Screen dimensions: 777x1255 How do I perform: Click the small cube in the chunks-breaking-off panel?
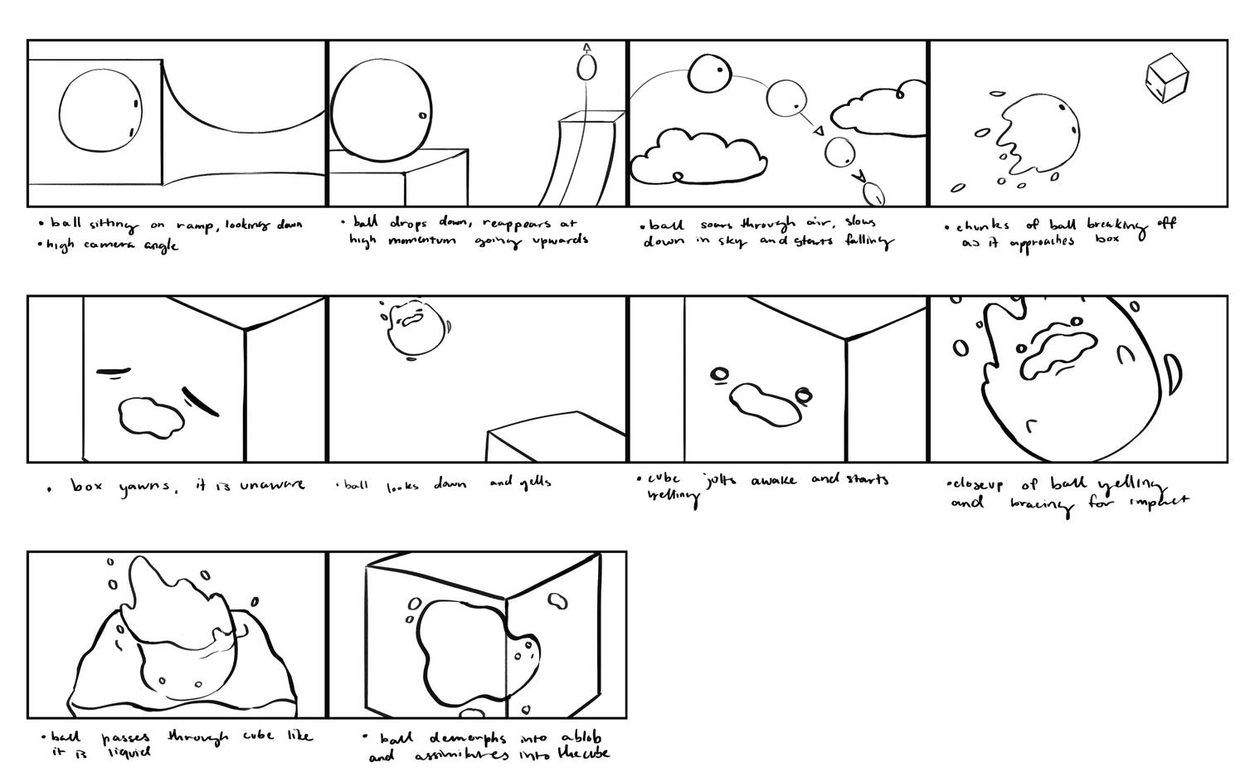click(1166, 79)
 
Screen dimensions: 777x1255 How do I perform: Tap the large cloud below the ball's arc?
click(696, 155)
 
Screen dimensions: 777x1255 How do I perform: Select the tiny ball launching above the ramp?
click(587, 66)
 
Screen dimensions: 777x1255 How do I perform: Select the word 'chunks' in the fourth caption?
click(982, 226)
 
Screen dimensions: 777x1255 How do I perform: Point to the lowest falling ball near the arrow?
click(873, 194)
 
